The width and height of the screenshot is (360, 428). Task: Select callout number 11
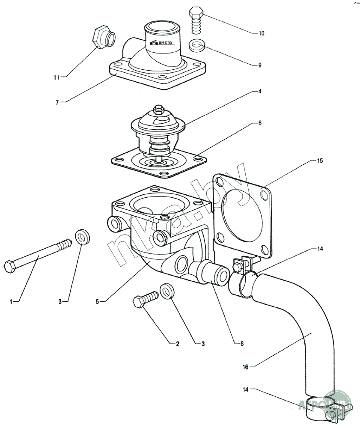(57, 77)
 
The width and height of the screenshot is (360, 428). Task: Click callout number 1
(12, 302)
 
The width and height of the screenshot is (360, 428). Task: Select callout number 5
(98, 302)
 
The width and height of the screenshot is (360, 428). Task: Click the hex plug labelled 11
(103, 38)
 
